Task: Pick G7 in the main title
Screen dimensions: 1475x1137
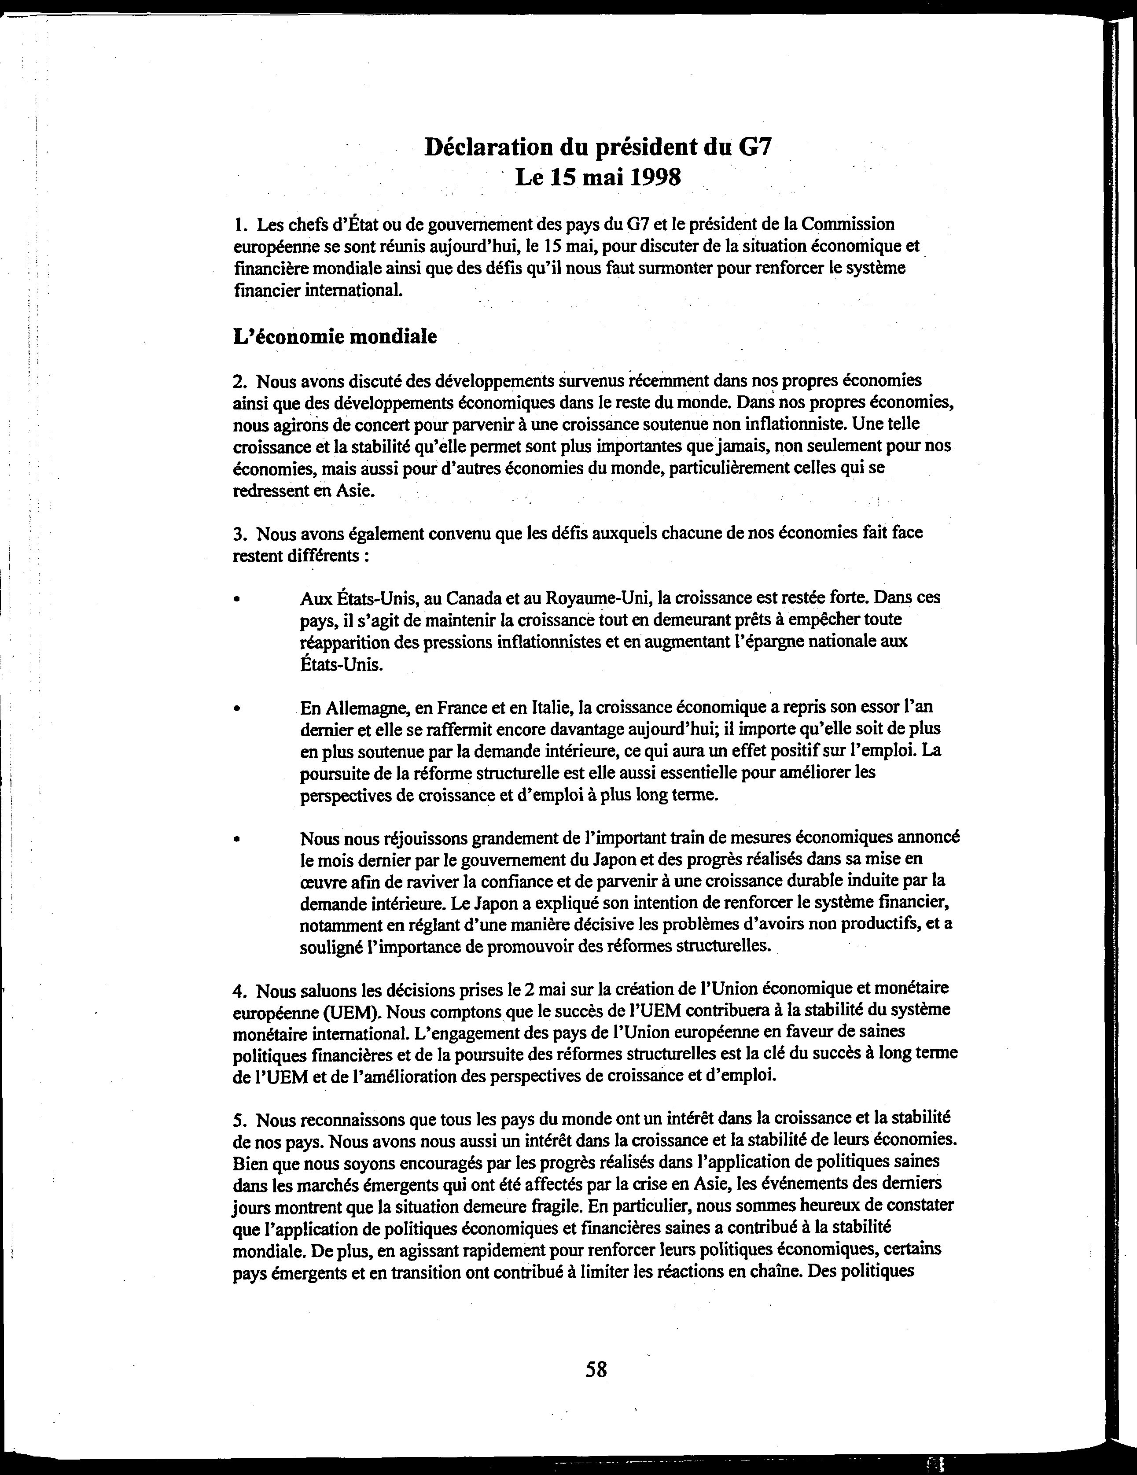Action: pyautogui.click(x=753, y=147)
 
